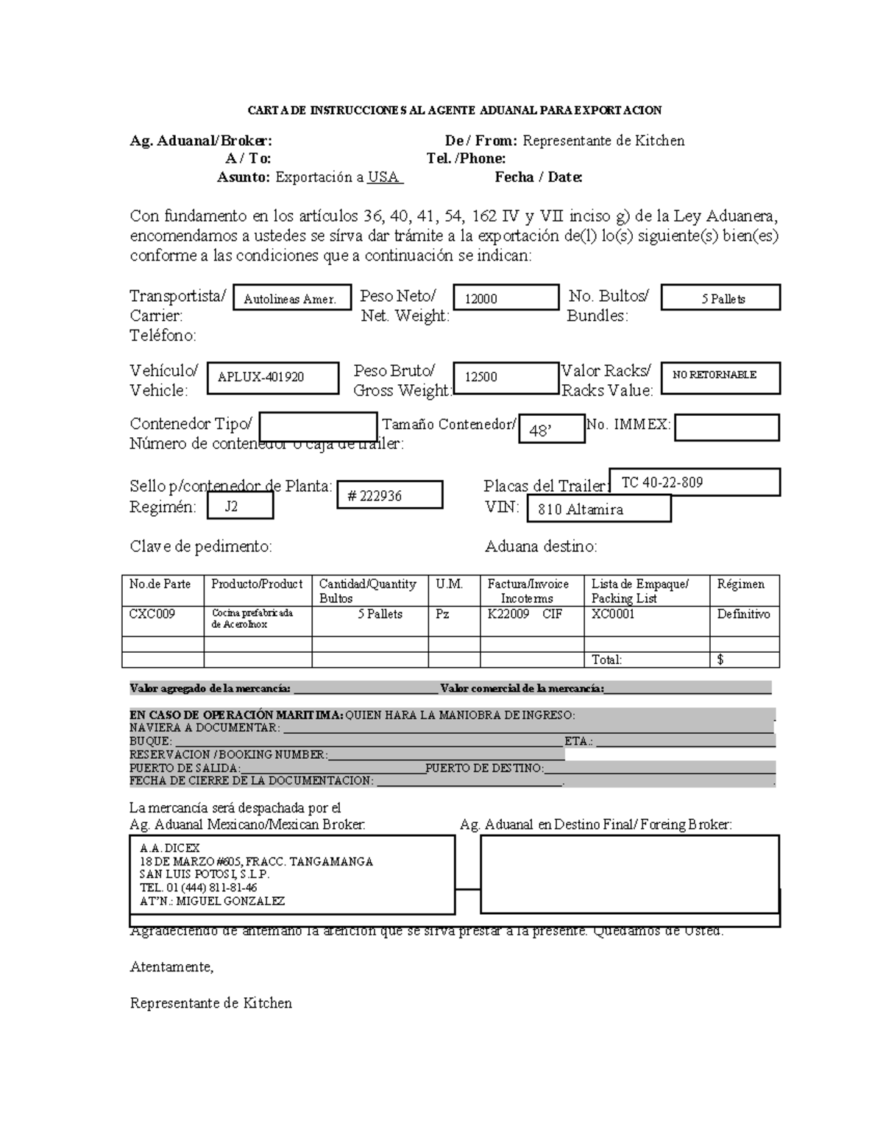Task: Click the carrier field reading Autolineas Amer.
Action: coord(290,299)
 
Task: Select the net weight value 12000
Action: coord(481,299)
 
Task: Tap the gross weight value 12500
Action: coord(481,377)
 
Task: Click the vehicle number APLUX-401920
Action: coord(261,378)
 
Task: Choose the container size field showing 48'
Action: coord(541,431)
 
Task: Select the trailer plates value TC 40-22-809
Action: coord(662,483)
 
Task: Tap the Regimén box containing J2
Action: coord(231,506)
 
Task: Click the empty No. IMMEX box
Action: coord(726,428)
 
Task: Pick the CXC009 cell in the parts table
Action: coord(152,614)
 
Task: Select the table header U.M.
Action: coord(450,584)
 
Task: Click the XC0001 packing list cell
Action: coord(613,614)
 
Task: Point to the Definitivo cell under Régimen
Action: coord(744,614)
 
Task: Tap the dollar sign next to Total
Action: coord(720,660)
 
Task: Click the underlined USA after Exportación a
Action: coord(383,177)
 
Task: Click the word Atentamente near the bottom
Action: coord(171,967)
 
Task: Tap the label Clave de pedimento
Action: coord(201,546)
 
